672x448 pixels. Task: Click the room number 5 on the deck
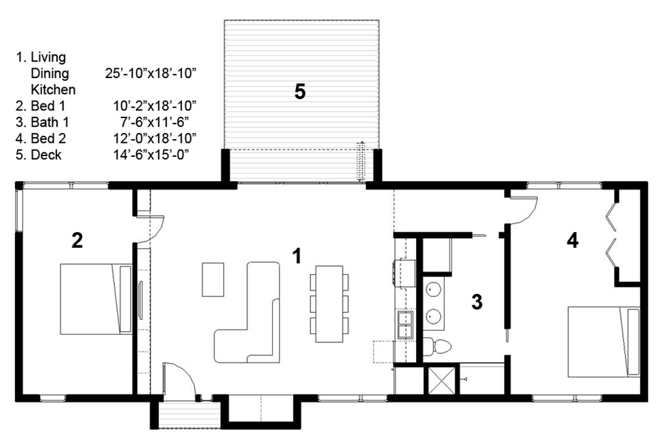tap(300, 92)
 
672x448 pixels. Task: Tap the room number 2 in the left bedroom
tap(77, 241)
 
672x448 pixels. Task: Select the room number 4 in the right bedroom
tap(572, 241)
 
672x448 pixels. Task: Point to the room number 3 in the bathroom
tap(476, 302)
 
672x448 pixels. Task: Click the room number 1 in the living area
tap(297, 256)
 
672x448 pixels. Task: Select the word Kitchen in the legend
tap(53, 89)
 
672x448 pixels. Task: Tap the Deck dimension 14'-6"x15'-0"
tap(151, 155)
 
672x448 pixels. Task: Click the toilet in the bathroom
tap(437, 346)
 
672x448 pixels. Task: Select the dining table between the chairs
tap(329, 304)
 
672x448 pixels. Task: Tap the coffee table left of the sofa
tap(213, 279)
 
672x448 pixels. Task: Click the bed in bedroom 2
tap(96, 299)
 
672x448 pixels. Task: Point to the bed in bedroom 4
tap(604, 342)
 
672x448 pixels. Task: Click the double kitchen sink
tap(405, 325)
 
